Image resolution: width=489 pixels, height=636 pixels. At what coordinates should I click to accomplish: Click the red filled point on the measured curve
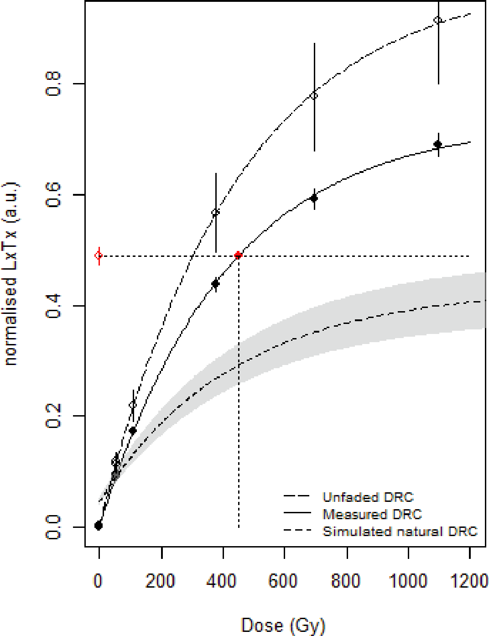click(238, 255)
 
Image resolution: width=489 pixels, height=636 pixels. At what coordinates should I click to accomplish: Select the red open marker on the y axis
click(99, 255)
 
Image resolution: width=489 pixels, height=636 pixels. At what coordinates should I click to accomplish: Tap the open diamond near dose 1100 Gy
click(438, 20)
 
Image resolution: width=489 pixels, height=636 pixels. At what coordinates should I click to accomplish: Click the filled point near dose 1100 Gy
click(438, 145)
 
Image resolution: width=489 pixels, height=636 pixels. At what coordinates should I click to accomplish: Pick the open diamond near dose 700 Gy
click(314, 95)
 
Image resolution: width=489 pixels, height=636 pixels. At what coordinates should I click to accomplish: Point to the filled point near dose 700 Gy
click(314, 198)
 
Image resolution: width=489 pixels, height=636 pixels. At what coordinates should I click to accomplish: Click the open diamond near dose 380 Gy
click(216, 212)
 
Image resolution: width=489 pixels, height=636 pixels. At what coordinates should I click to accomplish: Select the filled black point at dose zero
click(99, 526)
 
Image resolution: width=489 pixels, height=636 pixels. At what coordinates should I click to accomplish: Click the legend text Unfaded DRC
click(368, 497)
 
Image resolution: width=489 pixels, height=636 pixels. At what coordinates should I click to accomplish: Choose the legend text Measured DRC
click(372, 514)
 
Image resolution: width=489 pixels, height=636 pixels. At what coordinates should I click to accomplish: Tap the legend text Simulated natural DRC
click(400, 532)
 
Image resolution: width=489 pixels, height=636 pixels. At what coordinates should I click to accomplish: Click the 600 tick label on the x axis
click(283, 581)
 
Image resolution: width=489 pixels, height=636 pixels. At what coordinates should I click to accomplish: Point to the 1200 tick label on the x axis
click(469, 581)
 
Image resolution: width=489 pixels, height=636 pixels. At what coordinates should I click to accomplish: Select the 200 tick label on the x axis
click(161, 581)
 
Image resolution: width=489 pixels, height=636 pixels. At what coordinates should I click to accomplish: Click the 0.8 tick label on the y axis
click(53, 84)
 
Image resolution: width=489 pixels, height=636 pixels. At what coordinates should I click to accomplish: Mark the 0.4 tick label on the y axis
click(53, 306)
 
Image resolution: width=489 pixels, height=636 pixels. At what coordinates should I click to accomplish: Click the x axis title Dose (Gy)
click(283, 625)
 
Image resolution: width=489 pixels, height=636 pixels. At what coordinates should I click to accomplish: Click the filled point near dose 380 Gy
click(216, 284)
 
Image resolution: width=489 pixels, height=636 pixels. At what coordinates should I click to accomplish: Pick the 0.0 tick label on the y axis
click(53, 527)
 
